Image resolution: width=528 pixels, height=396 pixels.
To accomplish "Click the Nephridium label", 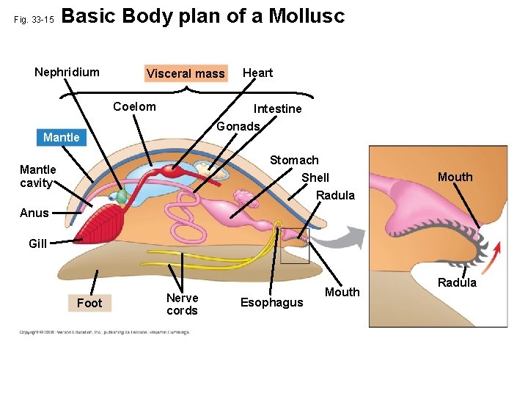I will tap(67, 72).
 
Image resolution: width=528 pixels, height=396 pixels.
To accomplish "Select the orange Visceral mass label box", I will tap(186, 73).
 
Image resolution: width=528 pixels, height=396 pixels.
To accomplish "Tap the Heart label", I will tap(257, 73).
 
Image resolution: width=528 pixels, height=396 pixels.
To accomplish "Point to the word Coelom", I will tap(134, 107).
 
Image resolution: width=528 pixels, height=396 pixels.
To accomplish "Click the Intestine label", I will tap(277, 109).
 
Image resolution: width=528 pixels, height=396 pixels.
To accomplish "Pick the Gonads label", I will tap(238, 126).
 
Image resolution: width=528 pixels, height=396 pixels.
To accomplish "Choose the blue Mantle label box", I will tap(62, 137).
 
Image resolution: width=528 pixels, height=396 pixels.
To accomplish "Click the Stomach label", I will tap(294, 160).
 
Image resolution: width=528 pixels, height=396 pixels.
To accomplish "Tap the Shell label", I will tap(315, 177).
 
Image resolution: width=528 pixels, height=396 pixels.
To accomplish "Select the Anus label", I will tap(34, 213).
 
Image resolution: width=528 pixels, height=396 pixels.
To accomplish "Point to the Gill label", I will tap(37, 243).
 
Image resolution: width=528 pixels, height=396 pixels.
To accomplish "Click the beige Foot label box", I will tap(89, 303).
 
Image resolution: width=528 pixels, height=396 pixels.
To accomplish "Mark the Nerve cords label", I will tap(182, 304).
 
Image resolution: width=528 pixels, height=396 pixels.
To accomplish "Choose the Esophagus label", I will tap(271, 303).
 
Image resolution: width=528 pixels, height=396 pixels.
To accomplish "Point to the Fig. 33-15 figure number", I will tap(34, 20).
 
